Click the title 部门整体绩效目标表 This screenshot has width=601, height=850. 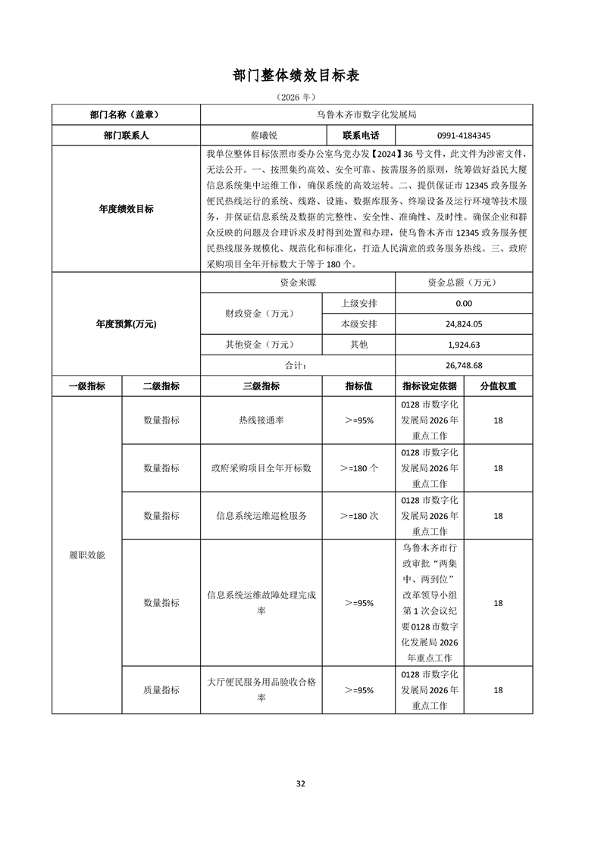[301, 76]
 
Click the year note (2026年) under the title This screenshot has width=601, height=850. [301, 98]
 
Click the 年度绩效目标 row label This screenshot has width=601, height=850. [126, 209]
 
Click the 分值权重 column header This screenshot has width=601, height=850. [499, 386]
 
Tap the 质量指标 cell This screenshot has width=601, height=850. [161, 690]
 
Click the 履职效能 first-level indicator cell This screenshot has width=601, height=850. [87, 555]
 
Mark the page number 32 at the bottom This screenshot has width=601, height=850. [301, 783]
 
